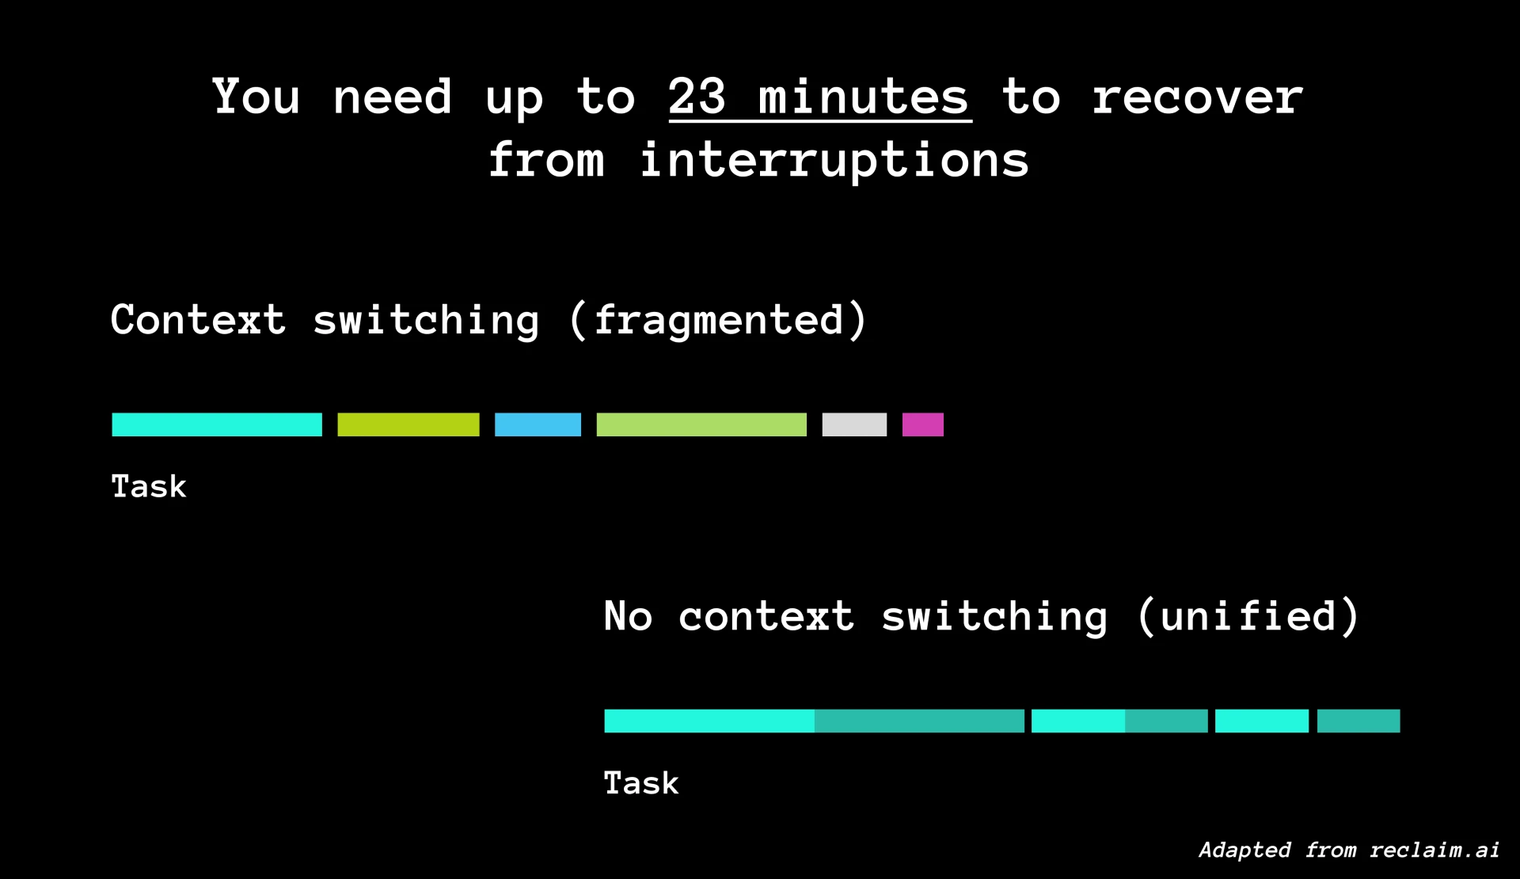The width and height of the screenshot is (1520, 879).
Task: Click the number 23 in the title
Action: [697, 97]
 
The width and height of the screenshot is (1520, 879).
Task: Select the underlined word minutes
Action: [864, 97]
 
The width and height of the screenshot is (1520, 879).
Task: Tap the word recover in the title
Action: [1197, 98]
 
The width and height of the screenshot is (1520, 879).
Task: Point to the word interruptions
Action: [834, 161]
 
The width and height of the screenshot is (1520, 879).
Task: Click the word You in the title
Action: [256, 97]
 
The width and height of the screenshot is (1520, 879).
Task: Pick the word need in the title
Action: [392, 97]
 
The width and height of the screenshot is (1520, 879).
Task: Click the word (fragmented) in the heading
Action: [718, 320]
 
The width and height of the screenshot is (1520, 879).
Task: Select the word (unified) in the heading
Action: [1248, 616]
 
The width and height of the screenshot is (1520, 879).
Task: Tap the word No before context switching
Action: [628, 616]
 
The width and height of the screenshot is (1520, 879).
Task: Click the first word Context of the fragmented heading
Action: [198, 320]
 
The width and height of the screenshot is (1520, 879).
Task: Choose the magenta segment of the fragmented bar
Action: [923, 424]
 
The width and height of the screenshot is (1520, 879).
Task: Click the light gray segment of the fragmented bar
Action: [854, 424]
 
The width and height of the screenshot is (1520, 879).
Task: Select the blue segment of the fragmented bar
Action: [538, 424]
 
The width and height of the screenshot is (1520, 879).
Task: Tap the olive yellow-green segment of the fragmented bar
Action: [408, 424]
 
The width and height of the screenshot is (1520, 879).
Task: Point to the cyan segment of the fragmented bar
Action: [217, 424]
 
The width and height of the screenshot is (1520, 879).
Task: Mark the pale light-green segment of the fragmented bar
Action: [701, 424]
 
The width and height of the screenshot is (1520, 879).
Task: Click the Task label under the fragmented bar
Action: [149, 486]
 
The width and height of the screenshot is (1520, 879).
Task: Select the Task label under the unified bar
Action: [641, 783]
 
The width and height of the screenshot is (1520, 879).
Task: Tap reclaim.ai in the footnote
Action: [1434, 850]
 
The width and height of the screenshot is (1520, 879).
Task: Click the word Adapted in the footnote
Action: [1244, 850]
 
